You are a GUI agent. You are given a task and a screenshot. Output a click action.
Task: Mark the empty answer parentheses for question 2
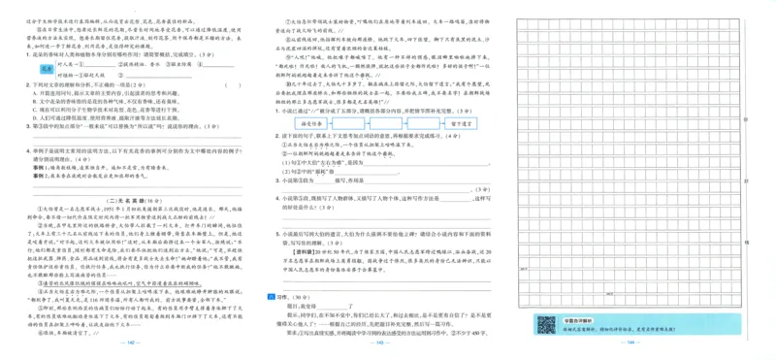[x=233, y=84]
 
